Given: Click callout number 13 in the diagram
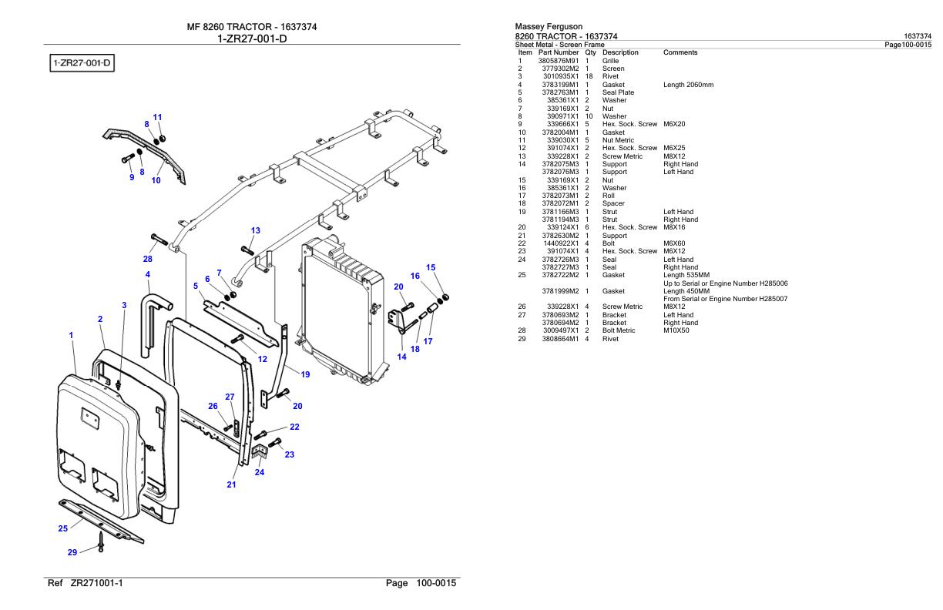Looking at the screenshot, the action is click(256, 230).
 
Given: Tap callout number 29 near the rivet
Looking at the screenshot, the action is click(72, 552).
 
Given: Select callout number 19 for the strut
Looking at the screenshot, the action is click(305, 374).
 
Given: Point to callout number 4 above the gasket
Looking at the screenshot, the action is click(148, 274).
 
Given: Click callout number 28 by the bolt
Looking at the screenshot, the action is click(147, 259).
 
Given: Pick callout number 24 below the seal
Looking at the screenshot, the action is click(260, 472).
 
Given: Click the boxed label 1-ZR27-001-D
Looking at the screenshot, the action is click(82, 63).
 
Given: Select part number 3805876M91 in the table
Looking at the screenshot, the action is click(559, 61).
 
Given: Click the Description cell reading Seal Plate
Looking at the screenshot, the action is click(618, 92).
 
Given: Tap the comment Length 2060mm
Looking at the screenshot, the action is click(688, 85).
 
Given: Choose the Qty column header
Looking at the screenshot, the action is click(590, 52).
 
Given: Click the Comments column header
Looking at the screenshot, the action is click(680, 52).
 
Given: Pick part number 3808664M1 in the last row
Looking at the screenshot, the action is click(560, 339).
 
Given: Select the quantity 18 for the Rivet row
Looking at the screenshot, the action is click(589, 76).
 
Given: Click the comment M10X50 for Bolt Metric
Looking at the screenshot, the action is click(676, 330).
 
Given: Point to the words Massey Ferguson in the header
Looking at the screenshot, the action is click(549, 26).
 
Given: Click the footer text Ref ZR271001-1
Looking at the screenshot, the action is click(86, 583).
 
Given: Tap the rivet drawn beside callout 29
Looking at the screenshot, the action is click(101, 542).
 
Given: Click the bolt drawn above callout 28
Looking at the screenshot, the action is click(159, 240).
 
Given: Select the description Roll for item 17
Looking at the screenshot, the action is click(609, 196).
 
